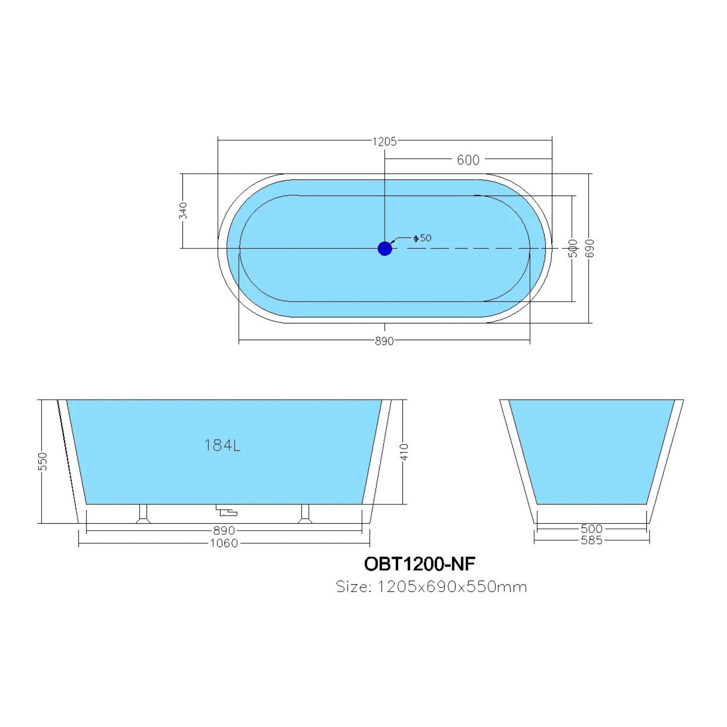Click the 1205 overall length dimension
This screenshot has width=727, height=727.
pos(384,142)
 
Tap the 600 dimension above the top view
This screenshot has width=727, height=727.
pos(468,160)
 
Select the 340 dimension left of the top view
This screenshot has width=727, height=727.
pos(183,211)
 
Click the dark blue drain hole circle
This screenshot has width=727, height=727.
pos(384,248)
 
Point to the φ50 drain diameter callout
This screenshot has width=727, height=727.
pos(422,238)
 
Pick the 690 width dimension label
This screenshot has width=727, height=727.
pos(590,248)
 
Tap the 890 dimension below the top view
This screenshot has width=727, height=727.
pos(384,341)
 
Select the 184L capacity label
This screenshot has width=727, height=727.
pos(222,446)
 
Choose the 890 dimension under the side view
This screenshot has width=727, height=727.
pos(224,531)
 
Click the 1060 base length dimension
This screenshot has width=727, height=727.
pos(224,543)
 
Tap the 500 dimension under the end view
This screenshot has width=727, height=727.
pos(591,529)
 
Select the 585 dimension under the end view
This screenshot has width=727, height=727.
pos(591,540)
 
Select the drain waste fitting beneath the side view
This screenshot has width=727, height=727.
pos(226,510)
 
